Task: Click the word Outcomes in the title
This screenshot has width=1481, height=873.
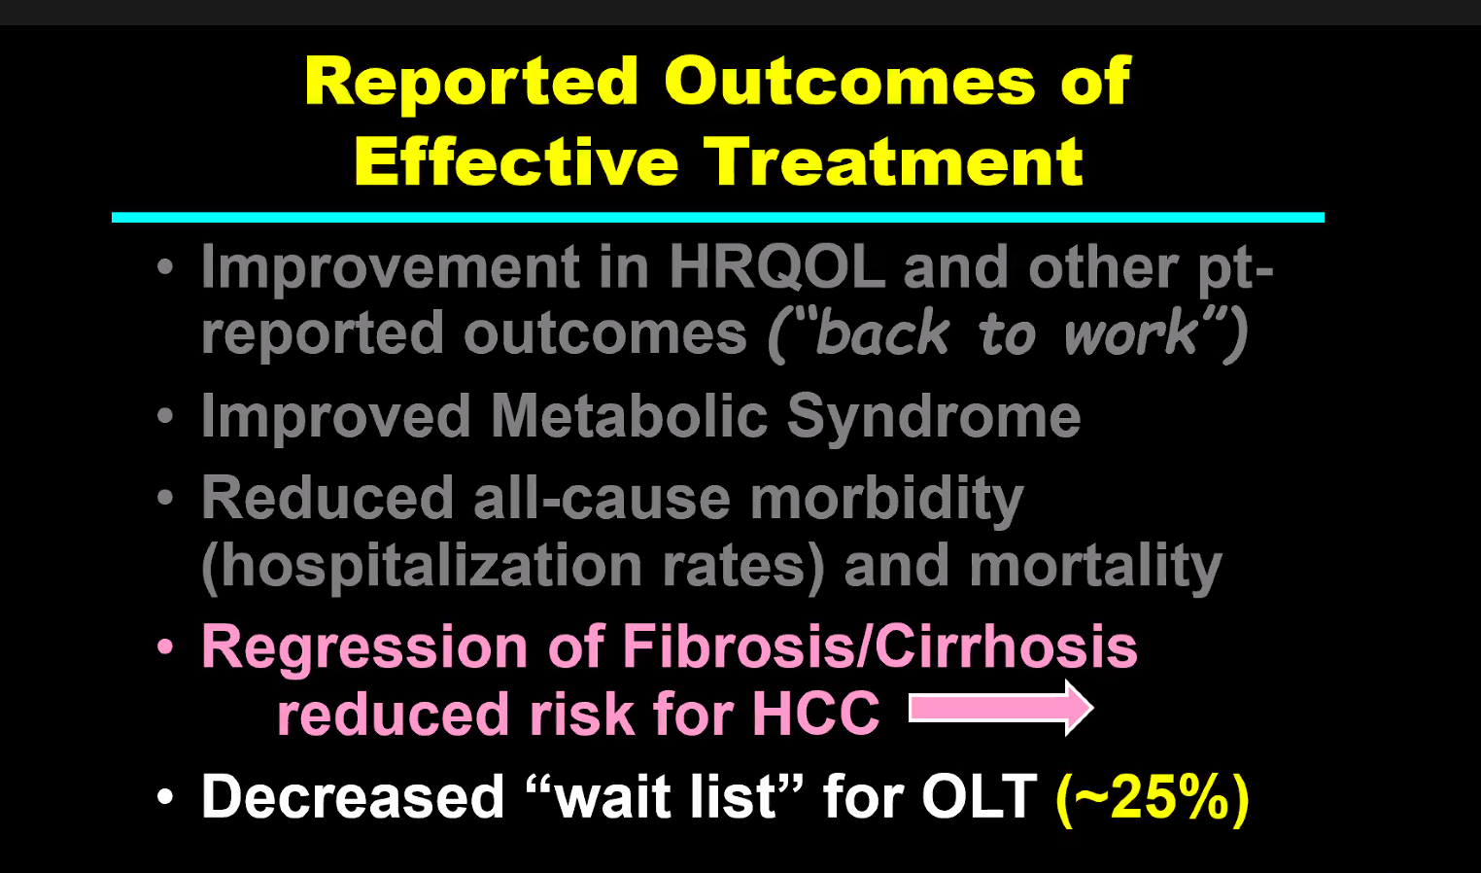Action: [x=849, y=82]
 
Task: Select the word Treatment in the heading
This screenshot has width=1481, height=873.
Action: [x=893, y=162]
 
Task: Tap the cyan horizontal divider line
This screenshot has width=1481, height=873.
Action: [x=718, y=218]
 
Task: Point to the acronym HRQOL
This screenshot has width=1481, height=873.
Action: [x=776, y=267]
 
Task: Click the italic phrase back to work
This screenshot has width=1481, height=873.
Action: [x=1008, y=334]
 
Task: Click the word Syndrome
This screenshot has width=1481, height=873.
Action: [x=934, y=418]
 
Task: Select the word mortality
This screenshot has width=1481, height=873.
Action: [x=1095, y=567]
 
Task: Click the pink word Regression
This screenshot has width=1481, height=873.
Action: [x=364, y=648]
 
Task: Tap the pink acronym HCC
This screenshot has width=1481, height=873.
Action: [x=816, y=715]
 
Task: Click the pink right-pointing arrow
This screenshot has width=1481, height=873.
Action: [x=1001, y=709]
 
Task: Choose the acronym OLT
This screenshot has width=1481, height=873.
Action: [x=980, y=797]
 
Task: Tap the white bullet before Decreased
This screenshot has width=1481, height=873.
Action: [x=164, y=796]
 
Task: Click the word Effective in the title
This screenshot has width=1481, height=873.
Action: [x=517, y=162]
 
